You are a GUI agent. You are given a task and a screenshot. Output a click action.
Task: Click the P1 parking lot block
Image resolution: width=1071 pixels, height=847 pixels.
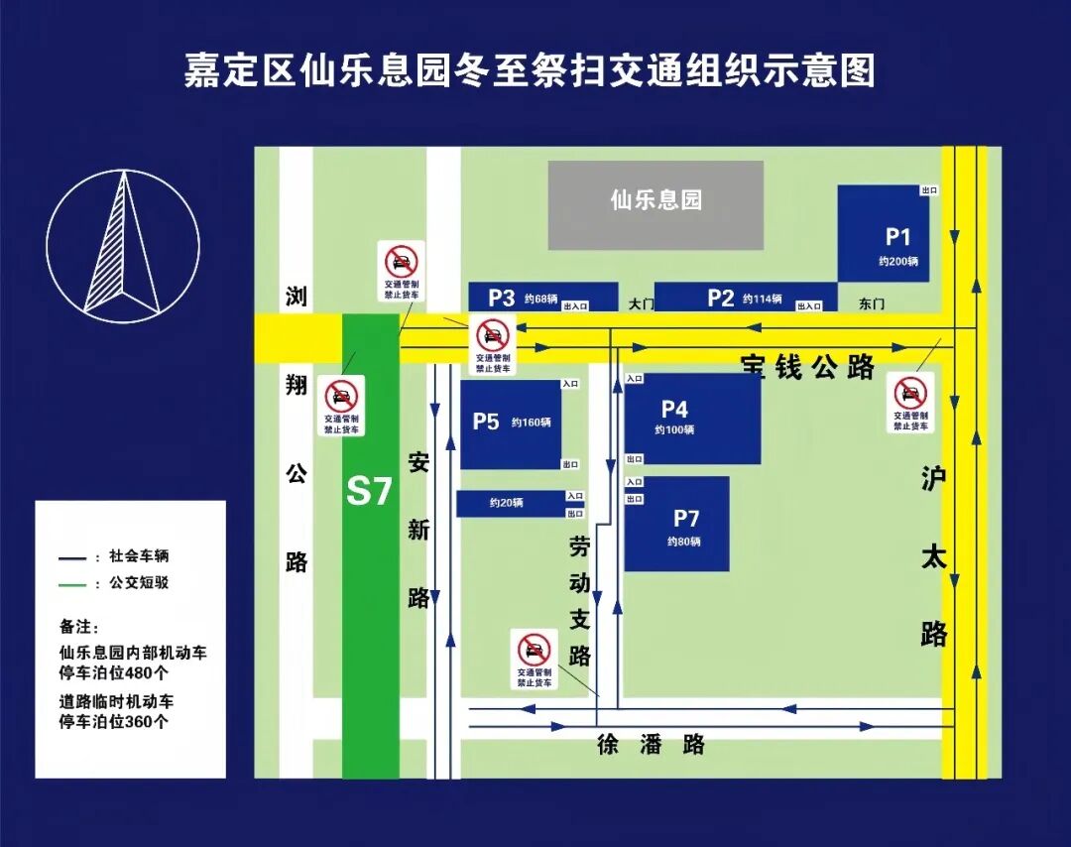[x=883, y=234]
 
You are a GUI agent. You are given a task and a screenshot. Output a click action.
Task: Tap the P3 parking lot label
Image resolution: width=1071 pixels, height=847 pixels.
[x=502, y=298]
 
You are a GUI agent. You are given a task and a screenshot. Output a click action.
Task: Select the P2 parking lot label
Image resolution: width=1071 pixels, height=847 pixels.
[x=721, y=298]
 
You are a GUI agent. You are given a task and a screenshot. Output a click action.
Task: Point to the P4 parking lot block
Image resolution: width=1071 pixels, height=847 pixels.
[x=692, y=418]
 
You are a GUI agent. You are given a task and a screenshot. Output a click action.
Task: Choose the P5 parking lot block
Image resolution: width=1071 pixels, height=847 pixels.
[x=510, y=423]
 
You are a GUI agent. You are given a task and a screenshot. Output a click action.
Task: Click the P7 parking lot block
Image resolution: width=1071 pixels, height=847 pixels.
[x=676, y=524]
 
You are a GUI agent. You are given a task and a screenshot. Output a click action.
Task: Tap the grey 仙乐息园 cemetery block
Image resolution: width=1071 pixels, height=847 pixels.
[x=655, y=204]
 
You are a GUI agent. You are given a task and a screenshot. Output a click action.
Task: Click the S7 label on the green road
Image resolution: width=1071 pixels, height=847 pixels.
[x=369, y=492]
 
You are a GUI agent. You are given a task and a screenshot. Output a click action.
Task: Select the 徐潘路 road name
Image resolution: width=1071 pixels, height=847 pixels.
[x=651, y=745]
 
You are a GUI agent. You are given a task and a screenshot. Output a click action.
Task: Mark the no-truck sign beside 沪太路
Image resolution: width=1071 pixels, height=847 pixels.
[x=909, y=402]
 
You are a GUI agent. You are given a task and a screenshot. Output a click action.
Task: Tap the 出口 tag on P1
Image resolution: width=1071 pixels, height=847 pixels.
[x=929, y=190]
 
